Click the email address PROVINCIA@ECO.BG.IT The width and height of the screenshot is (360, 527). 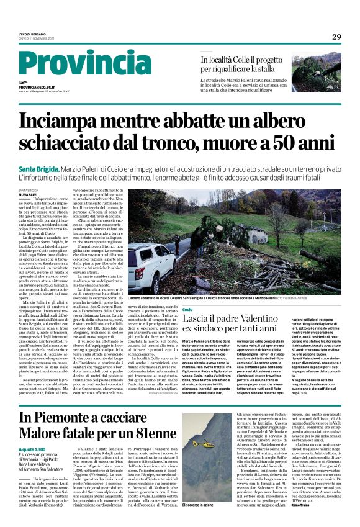coord(40,88)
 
